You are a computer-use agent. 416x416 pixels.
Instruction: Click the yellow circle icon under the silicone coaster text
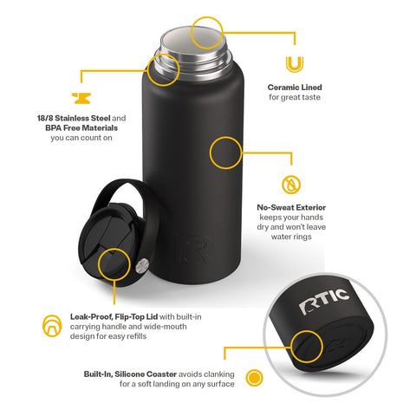pyautogui.click(x=254, y=378)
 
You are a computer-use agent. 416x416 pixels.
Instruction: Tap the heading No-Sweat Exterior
pyautogui.click(x=291, y=208)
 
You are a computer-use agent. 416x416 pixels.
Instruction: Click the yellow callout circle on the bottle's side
pyautogui.click(x=226, y=153)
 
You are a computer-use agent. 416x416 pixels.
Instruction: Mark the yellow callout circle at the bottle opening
pyautogui.click(x=206, y=31)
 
